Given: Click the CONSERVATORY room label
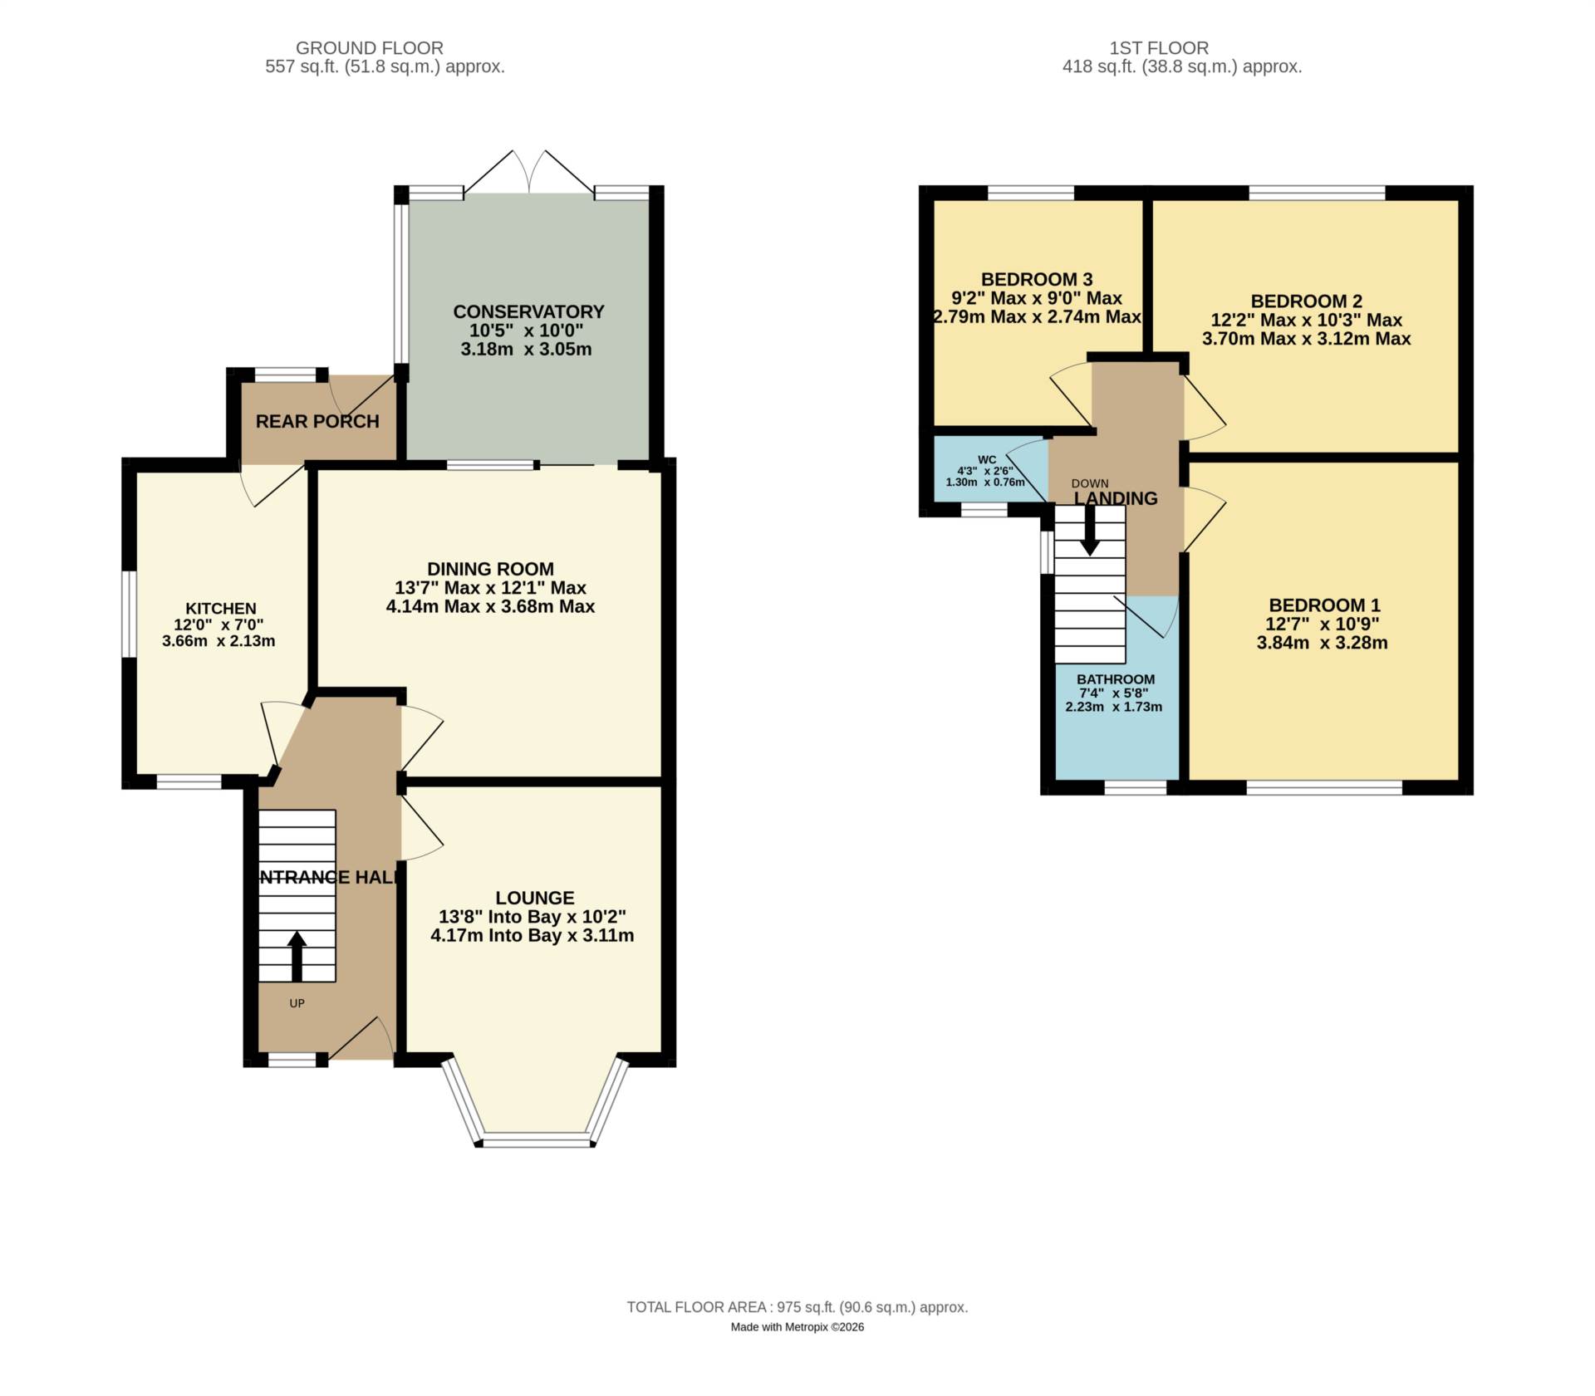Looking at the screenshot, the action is (x=528, y=311).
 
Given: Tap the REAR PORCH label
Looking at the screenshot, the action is (x=317, y=421).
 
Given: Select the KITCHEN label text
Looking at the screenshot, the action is (x=221, y=609).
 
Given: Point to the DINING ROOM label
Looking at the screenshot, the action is (x=490, y=569).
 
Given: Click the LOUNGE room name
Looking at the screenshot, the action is (x=535, y=898).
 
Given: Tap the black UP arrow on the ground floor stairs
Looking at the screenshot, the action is (x=297, y=957).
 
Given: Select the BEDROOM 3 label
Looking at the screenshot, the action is (x=1037, y=279).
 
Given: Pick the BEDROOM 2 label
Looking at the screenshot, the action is (x=1307, y=301).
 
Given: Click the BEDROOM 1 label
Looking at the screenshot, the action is (x=1324, y=605).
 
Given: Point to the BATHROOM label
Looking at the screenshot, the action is (x=1116, y=679).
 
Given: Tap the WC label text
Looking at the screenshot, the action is (x=987, y=459).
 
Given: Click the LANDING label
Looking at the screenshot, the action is (x=1116, y=498).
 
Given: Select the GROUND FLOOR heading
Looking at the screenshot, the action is (x=370, y=48).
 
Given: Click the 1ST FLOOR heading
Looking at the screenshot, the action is (x=1159, y=48).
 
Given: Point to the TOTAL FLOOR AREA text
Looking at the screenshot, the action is (x=797, y=1307).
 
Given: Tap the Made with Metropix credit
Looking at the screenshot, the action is (x=797, y=1327).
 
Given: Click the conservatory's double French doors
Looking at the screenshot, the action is (x=529, y=173).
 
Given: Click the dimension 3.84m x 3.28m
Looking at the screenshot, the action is (x=1323, y=643).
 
